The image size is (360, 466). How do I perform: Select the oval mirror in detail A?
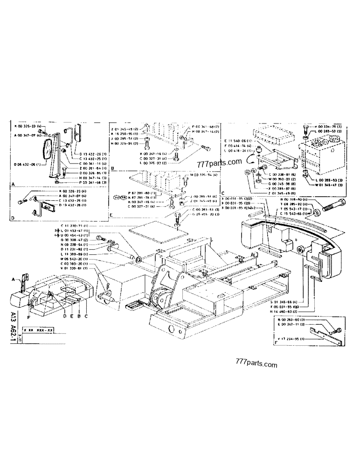click(x=48, y=150)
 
